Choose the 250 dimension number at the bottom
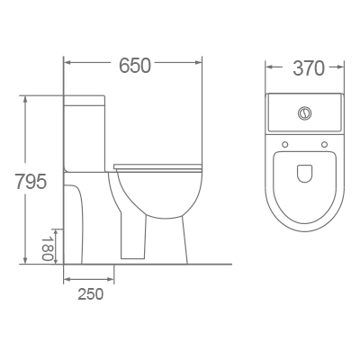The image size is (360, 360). tap(89, 293)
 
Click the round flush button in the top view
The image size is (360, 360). tap(304, 113)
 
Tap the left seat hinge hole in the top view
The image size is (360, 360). tap(285, 144)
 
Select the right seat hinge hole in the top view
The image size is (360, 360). tap(324, 144)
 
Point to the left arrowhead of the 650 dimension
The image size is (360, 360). tap(67, 64)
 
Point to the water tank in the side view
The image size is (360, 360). tap(85, 126)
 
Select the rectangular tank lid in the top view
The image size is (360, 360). tap(305, 115)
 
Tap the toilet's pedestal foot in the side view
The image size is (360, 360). tap(135, 243)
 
